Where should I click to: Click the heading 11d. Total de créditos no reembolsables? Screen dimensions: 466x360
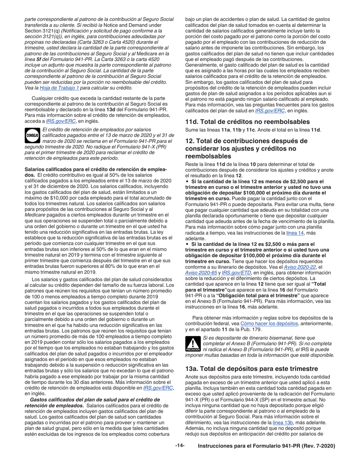coord(253,122)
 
